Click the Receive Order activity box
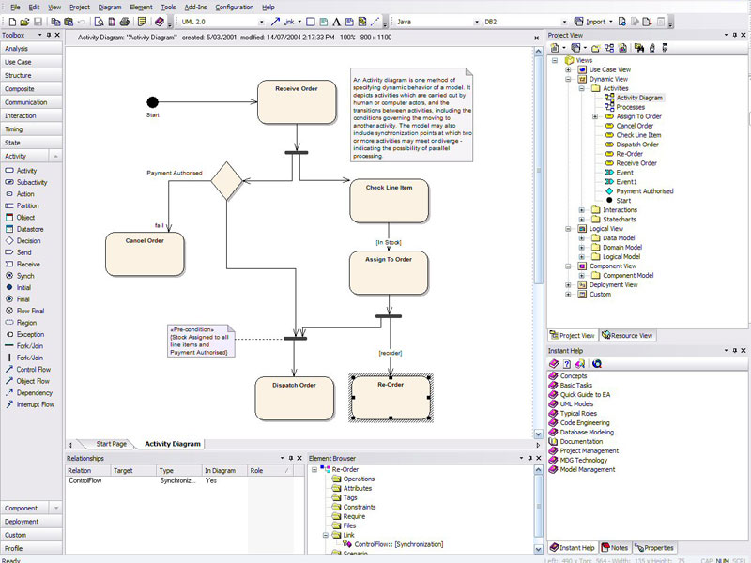tap(296, 101)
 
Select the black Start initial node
tap(153, 101)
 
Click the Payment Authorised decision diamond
tap(226, 180)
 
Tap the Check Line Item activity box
tap(389, 200)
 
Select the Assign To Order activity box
tap(389, 272)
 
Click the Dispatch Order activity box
tap(294, 398)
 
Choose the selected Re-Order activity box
tap(391, 398)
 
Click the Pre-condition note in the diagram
tap(199, 342)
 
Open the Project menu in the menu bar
tap(80, 7)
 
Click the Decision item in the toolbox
tap(28, 240)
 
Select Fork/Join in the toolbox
tap(30, 346)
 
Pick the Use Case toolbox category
tap(18, 62)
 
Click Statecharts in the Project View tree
tap(620, 219)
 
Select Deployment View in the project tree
tap(613, 284)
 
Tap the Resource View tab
tap(628, 335)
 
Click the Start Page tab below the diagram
tap(111, 443)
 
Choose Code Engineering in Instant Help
tap(585, 422)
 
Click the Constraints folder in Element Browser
tap(360, 507)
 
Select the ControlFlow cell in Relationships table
tap(86, 479)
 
